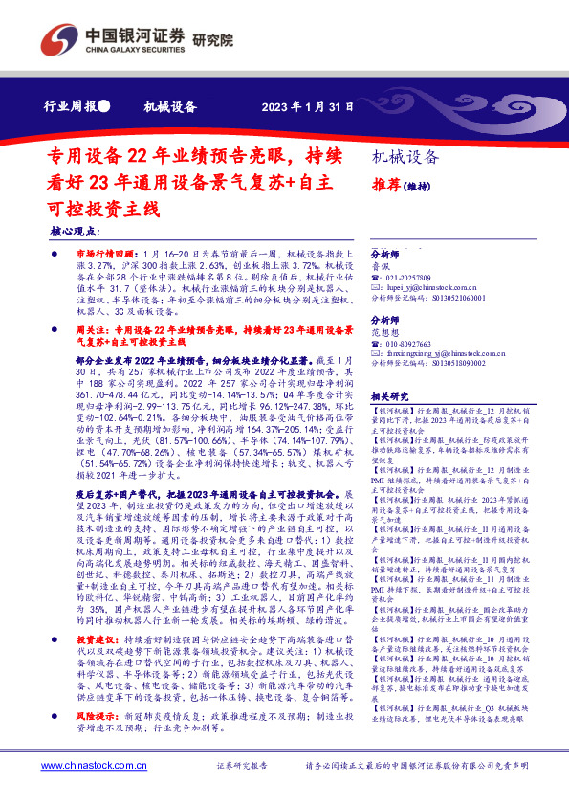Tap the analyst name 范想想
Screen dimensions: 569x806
point(385,332)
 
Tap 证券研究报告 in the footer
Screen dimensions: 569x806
point(240,767)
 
